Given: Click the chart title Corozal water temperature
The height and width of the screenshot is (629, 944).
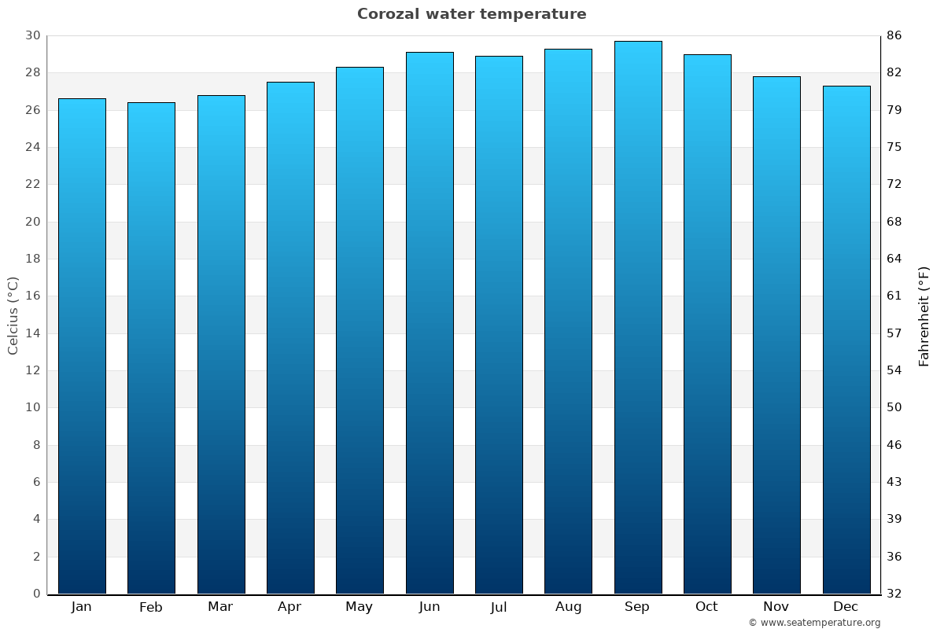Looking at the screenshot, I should pyautogui.click(x=471, y=14).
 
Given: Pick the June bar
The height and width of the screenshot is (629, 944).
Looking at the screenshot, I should pyautogui.click(x=430, y=322).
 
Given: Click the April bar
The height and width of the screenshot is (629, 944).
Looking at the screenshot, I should pyautogui.click(x=290, y=337).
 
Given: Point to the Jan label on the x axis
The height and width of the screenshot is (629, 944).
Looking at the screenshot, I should pyautogui.click(x=81, y=607).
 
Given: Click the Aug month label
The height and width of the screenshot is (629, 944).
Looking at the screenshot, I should pyautogui.click(x=568, y=607).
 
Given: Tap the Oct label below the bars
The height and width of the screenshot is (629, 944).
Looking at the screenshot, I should pyautogui.click(x=706, y=607).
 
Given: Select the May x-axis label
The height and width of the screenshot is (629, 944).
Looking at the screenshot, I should pyautogui.click(x=360, y=607).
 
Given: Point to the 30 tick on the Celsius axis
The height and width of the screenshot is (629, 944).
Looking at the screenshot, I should pyautogui.click(x=32, y=35).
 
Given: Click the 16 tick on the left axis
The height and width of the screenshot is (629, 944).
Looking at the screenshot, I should pyautogui.click(x=32, y=296).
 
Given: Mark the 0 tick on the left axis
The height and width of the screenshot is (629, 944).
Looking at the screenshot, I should pyautogui.click(x=36, y=594).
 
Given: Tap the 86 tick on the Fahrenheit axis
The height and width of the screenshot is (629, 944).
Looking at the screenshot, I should pyautogui.click(x=894, y=35).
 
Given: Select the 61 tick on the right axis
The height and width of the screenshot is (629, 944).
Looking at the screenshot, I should pyautogui.click(x=894, y=296).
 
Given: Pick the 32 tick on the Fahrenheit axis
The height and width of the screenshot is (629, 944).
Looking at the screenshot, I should pyautogui.click(x=894, y=594).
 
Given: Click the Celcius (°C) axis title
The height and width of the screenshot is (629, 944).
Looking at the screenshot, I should pyautogui.click(x=13, y=314).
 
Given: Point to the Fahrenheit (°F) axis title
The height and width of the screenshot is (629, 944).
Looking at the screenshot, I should pyautogui.click(x=924, y=315).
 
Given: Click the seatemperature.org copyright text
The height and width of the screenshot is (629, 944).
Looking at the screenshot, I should pyautogui.click(x=813, y=623).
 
